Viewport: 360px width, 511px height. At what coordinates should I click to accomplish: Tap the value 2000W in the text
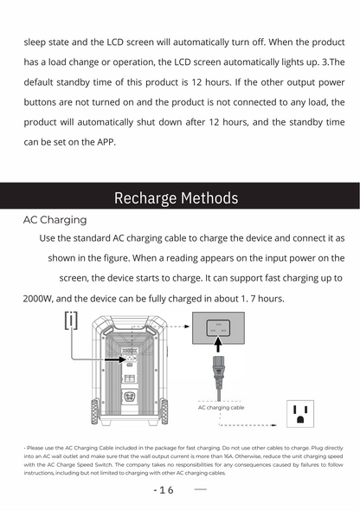[x=39, y=299]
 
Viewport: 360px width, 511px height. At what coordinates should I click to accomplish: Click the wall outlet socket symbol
[x=300, y=413]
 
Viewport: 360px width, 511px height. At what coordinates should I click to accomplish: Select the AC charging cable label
[x=221, y=407]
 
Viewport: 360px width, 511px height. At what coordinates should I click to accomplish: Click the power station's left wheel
[x=93, y=411]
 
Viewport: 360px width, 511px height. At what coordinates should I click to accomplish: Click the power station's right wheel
[x=164, y=411]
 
